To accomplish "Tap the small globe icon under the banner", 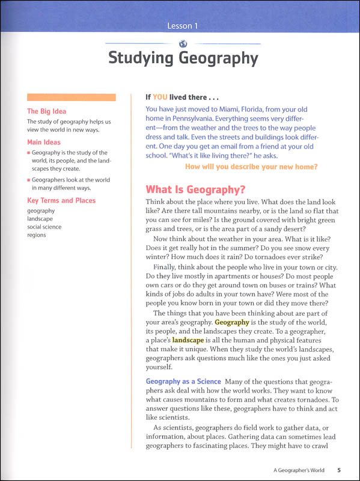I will pos(183,43).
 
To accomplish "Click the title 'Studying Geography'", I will pos(183,59).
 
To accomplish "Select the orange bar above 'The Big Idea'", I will pos(72,97).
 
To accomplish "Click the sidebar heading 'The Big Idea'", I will pos(47,111).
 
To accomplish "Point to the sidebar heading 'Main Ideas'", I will pos(44,142).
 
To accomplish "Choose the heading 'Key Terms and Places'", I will pos(61,200).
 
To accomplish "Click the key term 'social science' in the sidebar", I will pos(45,227).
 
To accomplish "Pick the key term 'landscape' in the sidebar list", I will pos(41,219).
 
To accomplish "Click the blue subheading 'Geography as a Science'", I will pos(183,382).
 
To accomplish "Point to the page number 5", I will pos(339,470).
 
